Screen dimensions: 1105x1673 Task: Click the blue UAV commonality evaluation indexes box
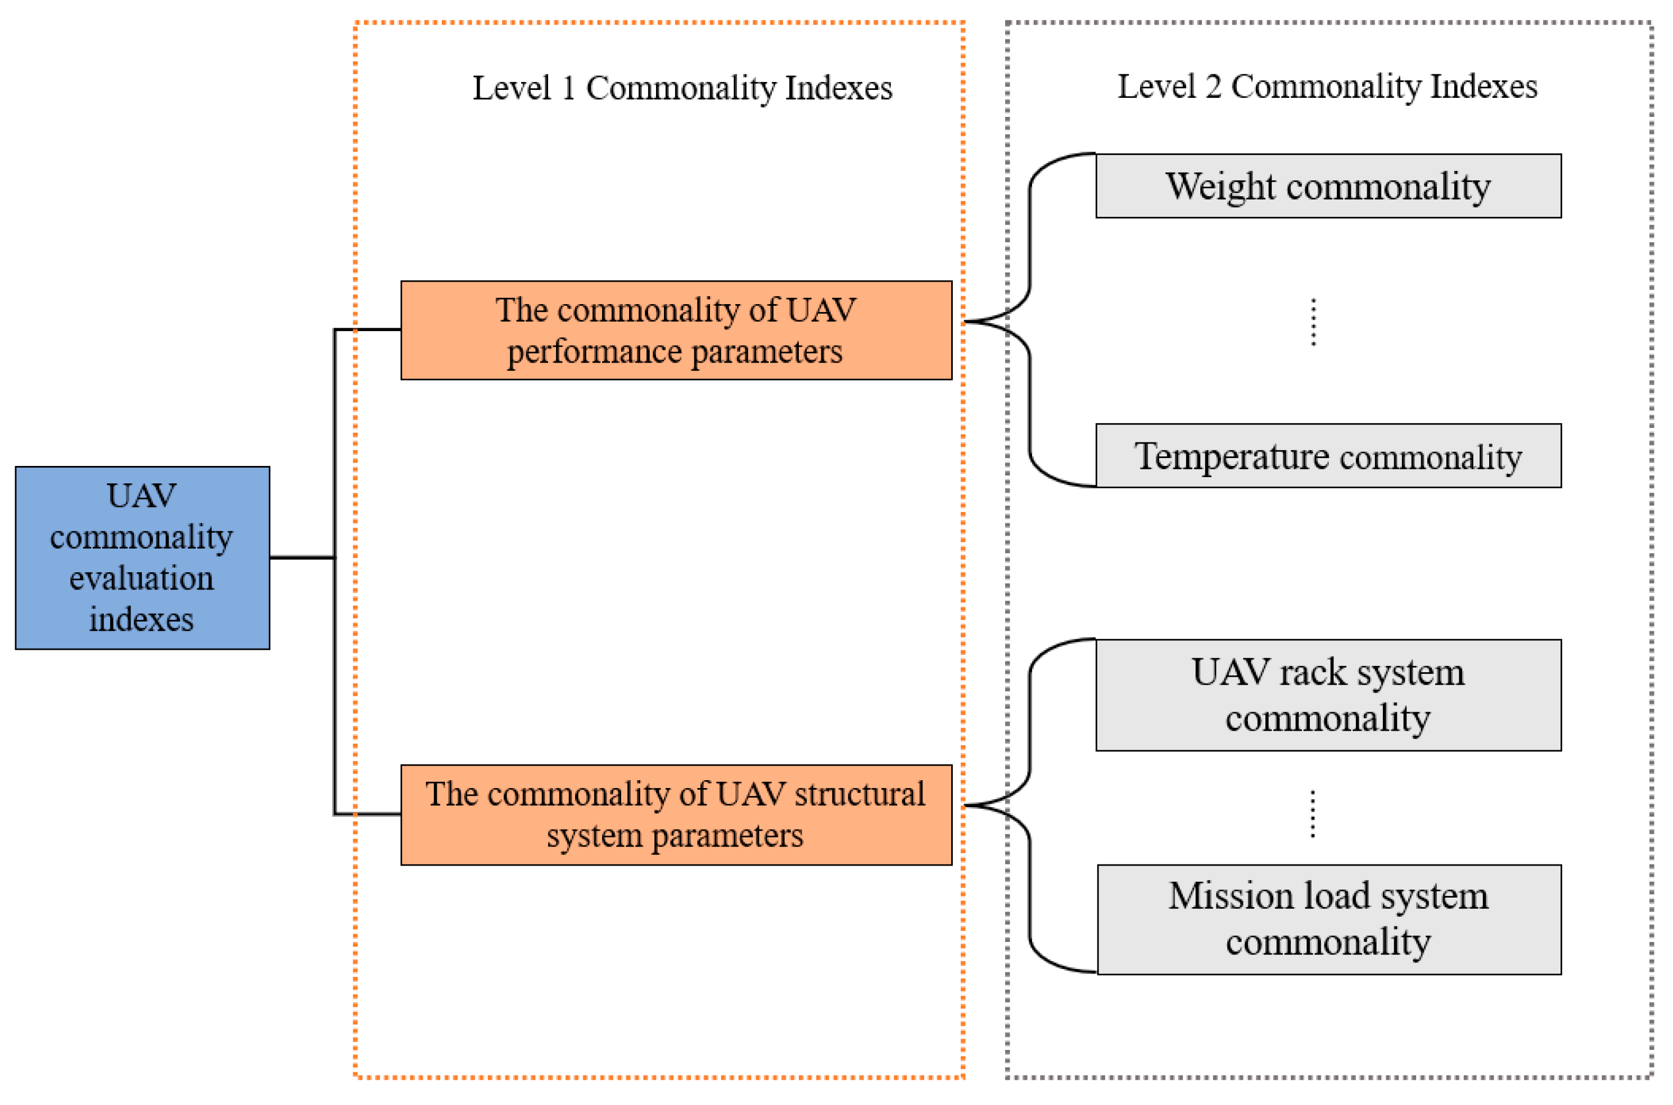pos(142,558)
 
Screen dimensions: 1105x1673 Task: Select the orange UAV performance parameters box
pos(676,330)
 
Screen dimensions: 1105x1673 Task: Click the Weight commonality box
pos(1328,186)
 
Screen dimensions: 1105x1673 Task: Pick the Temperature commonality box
pos(1328,455)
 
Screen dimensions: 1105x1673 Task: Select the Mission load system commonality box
pos(1328,919)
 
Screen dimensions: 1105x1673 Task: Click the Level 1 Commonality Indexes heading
pos(681,88)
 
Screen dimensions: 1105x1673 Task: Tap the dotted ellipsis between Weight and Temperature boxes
pos(1313,322)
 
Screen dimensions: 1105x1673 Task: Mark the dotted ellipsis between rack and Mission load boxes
pos(1312,814)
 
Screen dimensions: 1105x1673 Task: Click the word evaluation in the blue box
pos(142,578)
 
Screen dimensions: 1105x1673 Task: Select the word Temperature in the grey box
pos(1231,456)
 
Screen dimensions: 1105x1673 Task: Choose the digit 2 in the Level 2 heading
pos(1213,87)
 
